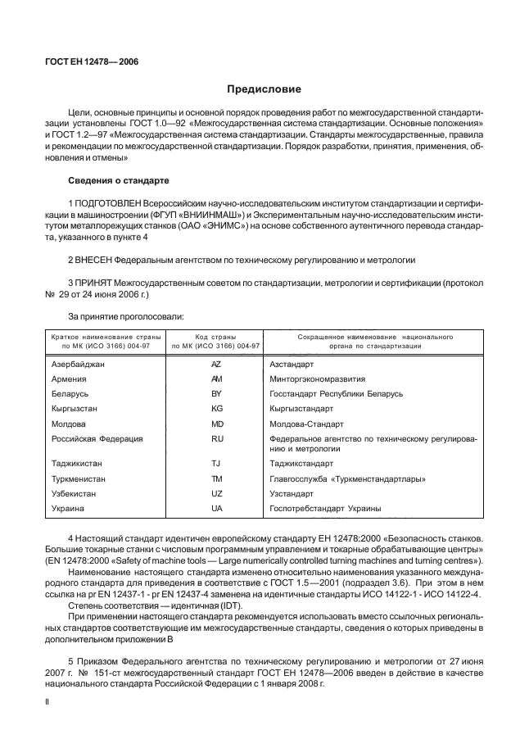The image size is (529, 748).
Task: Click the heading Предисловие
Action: point(264,88)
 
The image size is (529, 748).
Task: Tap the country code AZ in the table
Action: point(216,364)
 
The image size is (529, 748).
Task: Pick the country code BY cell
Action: point(216,394)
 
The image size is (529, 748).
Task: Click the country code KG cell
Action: point(216,409)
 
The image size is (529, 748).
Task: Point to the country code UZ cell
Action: point(216,494)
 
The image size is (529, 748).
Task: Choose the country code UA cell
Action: point(216,509)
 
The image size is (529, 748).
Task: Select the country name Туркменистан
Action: point(79,479)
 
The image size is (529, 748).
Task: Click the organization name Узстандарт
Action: point(292,494)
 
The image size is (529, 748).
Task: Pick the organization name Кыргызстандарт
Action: point(301,409)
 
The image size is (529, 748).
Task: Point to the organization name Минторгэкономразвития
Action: point(317,379)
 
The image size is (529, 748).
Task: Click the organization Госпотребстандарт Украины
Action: point(325,509)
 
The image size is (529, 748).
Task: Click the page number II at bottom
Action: point(46,702)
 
